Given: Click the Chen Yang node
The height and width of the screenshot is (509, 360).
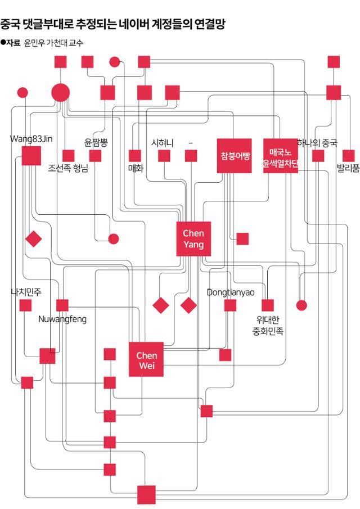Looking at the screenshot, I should click(x=193, y=239).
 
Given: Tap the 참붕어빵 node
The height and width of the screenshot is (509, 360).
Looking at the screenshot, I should click(x=235, y=155).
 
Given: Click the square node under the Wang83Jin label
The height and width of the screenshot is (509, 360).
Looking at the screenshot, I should click(x=31, y=156).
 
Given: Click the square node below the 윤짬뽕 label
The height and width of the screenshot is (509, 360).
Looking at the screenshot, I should click(x=95, y=156).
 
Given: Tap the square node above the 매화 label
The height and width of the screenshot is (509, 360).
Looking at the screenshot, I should click(x=135, y=156).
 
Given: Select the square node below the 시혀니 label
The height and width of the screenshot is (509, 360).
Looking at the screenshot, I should click(x=164, y=156).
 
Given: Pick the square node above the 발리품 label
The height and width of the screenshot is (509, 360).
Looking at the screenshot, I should click(x=348, y=156).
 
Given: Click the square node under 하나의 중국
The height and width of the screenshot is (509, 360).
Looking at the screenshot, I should click(x=318, y=156).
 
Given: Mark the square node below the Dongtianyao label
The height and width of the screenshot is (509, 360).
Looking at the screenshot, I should click(x=230, y=305).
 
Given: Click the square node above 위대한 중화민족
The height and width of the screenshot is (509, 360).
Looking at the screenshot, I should click(x=268, y=305).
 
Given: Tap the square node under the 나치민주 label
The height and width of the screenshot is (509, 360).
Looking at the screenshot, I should click(x=25, y=305).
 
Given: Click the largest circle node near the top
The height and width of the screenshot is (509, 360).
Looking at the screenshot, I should click(x=60, y=93).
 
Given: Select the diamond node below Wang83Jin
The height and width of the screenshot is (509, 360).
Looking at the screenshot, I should click(x=34, y=239).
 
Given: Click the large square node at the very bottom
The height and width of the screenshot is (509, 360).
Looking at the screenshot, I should click(x=146, y=494).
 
